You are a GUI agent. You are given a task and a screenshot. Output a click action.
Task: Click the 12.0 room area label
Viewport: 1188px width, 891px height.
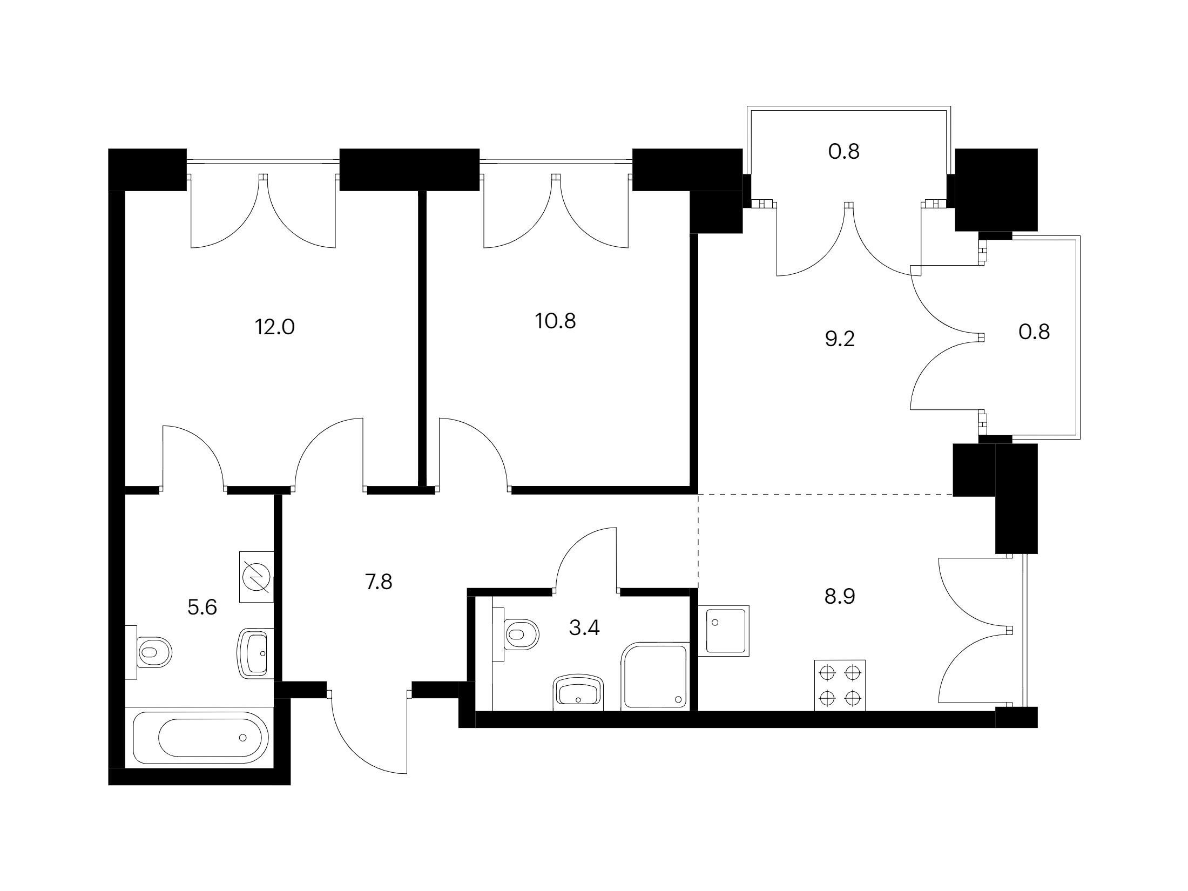click(x=275, y=327)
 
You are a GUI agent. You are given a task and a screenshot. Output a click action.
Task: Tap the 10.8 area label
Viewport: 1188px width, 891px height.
click(x=556, y=321)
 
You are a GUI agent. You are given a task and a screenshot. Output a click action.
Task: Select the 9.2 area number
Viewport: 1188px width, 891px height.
click(x=840, y=339)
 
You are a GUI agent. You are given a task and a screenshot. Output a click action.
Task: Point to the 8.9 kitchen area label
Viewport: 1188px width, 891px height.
click(x=840, y=597)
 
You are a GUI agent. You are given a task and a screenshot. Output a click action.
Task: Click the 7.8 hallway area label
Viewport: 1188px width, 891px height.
click(x=379, y=582)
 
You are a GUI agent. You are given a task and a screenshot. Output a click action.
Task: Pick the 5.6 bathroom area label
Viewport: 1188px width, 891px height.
click(x=202, y=608)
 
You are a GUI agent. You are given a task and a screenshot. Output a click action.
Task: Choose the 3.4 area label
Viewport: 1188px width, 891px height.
click(x=585, y=628)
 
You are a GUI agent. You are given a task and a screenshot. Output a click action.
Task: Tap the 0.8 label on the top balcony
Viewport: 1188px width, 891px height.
click(x=844, y=152)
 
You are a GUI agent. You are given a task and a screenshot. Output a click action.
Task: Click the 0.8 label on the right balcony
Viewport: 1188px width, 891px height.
click(x=1034, y=332)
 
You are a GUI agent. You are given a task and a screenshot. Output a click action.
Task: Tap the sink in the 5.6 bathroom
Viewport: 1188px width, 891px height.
click(x=256, y=653)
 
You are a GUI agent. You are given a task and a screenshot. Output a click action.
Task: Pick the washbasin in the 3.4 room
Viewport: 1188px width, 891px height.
click(x=578, y=692)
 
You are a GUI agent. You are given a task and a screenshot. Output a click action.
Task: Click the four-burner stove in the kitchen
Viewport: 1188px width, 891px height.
click(x=840, y=685)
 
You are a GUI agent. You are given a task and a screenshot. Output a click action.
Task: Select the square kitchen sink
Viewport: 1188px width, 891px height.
click(x=724, y=631)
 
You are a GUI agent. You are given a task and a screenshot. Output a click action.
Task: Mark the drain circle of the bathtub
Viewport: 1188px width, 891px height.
click(x=242, y=737)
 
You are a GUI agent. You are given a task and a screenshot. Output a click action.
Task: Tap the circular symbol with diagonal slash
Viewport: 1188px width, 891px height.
click(x=256, y=576)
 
